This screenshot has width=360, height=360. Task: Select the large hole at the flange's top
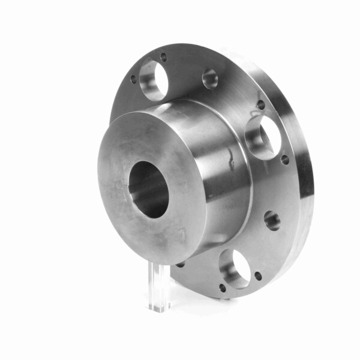(153, 80)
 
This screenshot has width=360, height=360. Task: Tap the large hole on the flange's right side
(263, 137)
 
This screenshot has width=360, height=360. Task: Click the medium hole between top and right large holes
(210, 79)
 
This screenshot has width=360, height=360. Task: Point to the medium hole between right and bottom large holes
(272, 220)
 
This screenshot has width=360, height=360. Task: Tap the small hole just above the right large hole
(260, 105)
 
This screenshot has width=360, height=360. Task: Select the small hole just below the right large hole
(284, 160)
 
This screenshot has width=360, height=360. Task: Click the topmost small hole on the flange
(163, 57)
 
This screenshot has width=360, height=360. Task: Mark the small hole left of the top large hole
(133, 79)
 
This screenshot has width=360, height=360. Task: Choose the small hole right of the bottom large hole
(257, 276)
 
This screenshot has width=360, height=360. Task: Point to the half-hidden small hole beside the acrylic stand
(180, 264)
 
